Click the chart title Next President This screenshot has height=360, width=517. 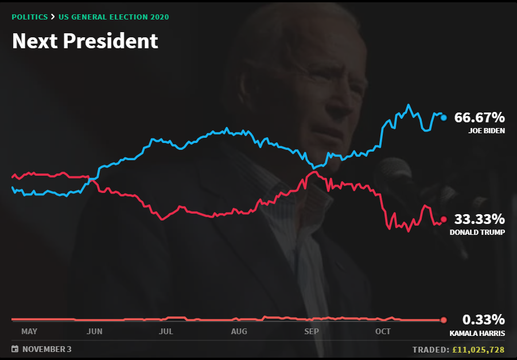85,41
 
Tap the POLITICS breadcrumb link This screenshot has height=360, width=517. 30,17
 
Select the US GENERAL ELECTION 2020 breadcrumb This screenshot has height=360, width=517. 114,17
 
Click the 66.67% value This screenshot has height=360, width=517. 479,118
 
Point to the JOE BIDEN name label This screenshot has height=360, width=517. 486,131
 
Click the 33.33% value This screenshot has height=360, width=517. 479,219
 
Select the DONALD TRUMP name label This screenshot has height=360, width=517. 477,233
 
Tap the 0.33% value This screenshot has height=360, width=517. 484,320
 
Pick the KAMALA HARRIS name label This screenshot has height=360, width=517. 477,333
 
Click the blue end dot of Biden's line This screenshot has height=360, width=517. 444,118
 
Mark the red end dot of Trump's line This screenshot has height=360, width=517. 444,219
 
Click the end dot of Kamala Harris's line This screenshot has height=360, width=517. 444,320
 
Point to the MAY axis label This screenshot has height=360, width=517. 29,331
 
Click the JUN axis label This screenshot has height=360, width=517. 94,331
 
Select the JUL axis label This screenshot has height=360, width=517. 166,331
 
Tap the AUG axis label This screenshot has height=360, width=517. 239,331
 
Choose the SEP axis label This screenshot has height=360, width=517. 311,331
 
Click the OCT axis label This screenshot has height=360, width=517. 383,331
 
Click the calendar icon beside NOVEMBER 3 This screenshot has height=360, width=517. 14,349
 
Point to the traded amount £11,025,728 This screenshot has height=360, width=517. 478,349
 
